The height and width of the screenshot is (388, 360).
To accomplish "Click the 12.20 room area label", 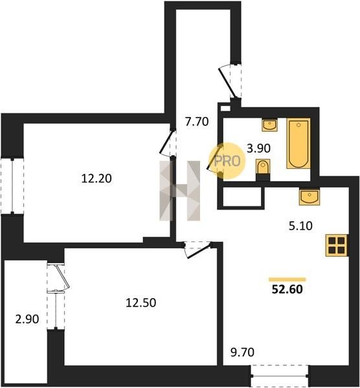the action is [96, 178].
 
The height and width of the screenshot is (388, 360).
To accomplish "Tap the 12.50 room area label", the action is [141, 303].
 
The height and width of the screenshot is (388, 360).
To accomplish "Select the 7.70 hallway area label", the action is [197, 122].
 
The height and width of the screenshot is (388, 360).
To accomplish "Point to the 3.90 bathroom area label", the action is [258, 149].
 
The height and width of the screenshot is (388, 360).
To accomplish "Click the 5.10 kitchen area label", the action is [300, 226].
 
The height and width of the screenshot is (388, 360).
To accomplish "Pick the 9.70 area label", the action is [243, 352].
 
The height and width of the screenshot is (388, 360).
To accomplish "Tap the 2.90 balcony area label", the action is [27, 319].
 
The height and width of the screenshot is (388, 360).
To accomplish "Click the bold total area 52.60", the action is [287, 289].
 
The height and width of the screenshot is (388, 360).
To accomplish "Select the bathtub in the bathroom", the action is [298, 144].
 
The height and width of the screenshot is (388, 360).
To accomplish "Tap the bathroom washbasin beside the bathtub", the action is [270, 125].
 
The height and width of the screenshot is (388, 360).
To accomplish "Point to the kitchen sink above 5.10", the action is [309, 197].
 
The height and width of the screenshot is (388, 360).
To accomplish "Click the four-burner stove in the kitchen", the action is [337, 245].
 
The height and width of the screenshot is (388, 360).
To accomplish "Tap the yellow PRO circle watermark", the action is [227, 161].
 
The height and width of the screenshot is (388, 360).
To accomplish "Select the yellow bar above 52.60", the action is [287, 279].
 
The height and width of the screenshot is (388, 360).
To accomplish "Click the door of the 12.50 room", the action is [197, 250].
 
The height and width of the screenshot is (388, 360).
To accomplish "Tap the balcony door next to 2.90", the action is [59, 277].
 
